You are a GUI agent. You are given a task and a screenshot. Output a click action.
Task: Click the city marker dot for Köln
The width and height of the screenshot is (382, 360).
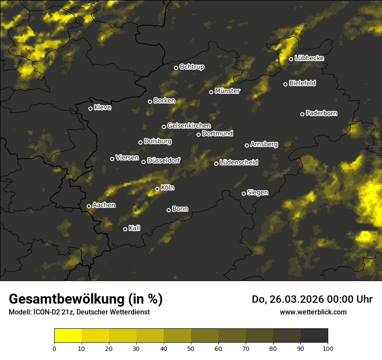coord(157,189)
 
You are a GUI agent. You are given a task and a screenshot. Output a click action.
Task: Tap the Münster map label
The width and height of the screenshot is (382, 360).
coord(227,91)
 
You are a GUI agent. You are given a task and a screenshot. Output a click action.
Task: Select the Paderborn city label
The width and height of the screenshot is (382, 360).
coord(321,113)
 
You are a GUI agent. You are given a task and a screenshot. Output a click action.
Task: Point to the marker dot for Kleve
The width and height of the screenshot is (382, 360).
coord(90,108)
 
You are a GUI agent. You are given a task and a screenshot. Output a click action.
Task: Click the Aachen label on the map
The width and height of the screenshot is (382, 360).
coord(104,205)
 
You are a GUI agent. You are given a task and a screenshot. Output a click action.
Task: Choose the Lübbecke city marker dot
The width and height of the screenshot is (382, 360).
coord(291,59)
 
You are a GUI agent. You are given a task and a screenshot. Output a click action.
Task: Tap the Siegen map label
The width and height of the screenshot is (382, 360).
coord(257,193)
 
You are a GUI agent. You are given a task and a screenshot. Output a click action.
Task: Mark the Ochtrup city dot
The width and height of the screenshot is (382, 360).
coord(176,68)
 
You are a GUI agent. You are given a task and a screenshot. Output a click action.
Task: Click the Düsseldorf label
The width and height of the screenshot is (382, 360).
coord(164,160)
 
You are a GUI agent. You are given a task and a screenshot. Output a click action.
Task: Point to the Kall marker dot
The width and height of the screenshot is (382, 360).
coord(125,229)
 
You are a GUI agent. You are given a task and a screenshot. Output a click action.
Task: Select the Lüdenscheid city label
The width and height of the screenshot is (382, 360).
coord(239,163)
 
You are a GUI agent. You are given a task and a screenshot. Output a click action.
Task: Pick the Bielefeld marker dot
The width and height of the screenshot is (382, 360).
coord(285,84)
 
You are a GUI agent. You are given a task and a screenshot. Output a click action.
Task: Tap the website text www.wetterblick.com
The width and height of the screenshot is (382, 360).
coord(313,312)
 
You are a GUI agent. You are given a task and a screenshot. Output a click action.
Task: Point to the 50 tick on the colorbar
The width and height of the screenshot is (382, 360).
coord(191,348)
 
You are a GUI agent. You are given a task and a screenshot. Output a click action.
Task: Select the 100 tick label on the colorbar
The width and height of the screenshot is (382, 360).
coord(328,348)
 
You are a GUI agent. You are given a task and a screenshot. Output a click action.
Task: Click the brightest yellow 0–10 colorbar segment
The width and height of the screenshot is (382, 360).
coord(68,335)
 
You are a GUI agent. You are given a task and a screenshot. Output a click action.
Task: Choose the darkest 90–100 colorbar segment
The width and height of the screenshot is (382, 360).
coord(314,335)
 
